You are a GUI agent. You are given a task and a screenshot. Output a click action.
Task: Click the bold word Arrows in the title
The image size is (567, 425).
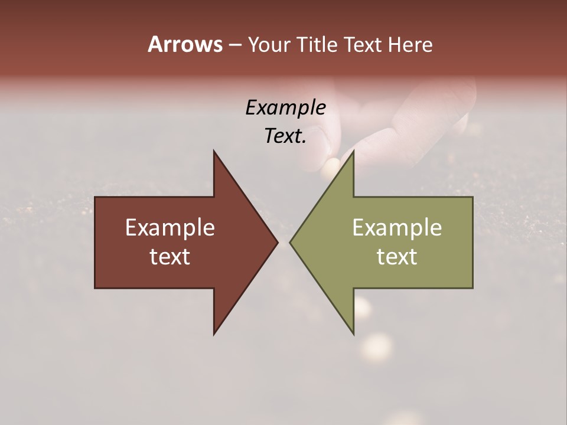pos(184,44)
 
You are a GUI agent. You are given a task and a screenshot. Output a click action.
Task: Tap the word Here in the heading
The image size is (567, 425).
pos(410,44)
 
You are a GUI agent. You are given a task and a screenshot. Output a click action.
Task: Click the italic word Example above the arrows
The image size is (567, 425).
pos(285,108)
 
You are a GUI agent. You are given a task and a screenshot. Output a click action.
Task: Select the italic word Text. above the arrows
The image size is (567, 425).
pos(285,136)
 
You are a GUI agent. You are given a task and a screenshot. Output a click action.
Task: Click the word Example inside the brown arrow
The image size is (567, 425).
pos(170,228)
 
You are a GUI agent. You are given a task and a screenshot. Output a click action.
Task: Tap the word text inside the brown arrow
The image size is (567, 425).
pos(170,257)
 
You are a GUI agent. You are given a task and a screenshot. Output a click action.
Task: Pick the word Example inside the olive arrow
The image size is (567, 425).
pos(397,228)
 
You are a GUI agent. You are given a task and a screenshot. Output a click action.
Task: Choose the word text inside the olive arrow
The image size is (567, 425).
pos(397,257)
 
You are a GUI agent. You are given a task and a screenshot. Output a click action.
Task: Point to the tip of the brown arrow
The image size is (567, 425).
pos(277,242)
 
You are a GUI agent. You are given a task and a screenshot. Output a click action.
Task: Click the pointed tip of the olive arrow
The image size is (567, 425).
pos(291,242)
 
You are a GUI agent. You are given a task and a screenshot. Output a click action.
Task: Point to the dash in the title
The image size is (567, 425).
pos(234,45)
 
